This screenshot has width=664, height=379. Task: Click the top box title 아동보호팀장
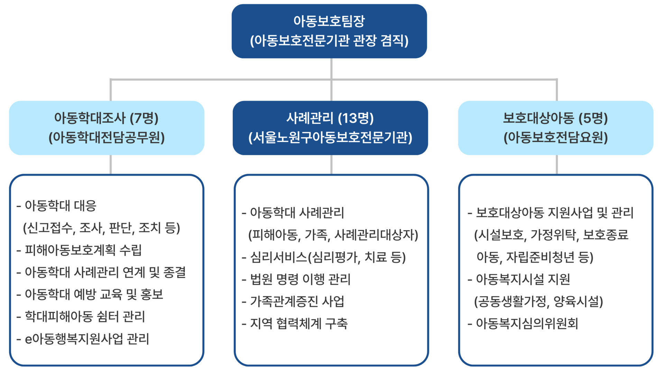(x=329, y=21)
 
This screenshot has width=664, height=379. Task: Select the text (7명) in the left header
(x=144, y=118)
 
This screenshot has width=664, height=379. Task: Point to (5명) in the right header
(x=593, y=118)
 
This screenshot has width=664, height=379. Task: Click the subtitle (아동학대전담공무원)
(x=107, y=138)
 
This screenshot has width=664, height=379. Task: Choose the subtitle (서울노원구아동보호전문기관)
(x=330, y=138)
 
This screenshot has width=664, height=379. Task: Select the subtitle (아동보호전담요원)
(x=555, y=138)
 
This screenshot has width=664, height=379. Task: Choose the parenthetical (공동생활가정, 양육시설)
(x=538, y=302)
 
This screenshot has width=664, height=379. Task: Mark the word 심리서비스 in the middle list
(x=279, y=257)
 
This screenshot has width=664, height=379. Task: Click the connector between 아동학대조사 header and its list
(x=111, y=165)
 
